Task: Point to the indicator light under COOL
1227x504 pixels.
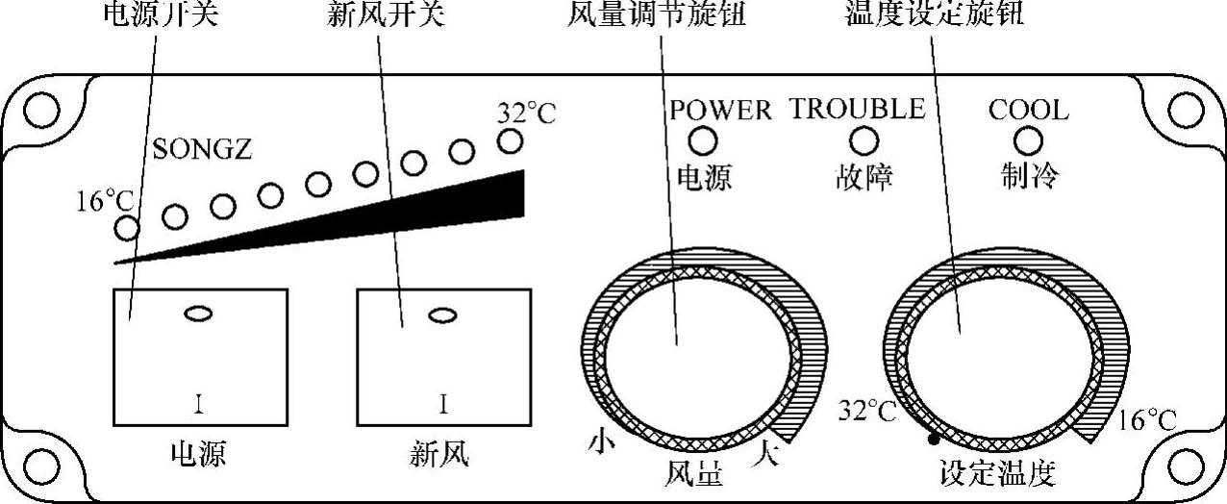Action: pos(1029,141)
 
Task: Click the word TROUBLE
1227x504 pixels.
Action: pos(857,109)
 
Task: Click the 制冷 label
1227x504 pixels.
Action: pos(1029,175)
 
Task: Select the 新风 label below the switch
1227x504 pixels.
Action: pos(438,453)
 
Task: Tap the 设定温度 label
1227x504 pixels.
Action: pos(997,472)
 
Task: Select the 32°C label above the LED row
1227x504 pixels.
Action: pos(526,113)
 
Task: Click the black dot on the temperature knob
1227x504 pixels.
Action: pos(932,440)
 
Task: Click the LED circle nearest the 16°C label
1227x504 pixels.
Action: pos(126,228)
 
